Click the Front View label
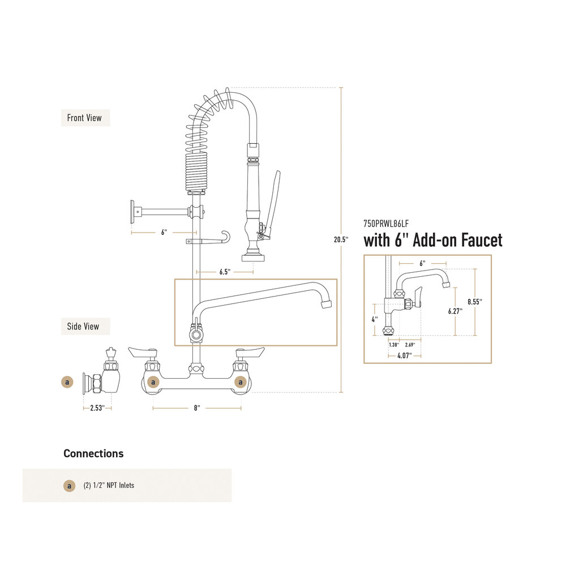point(84,118)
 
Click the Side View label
point(83,326)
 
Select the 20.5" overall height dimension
point(340,239)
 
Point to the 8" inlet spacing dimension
point(196,408)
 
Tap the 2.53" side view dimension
point(97,408)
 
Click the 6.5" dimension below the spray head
point(225,272)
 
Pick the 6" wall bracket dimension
point(164,233)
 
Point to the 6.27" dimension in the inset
point(454,311)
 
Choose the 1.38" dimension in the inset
point(393,344)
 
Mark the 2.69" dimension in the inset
point(410,344)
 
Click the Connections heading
point(93,453)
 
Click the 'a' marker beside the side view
point(67,382)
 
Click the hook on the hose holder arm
point(226,237)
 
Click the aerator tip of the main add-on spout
point(325,305)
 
